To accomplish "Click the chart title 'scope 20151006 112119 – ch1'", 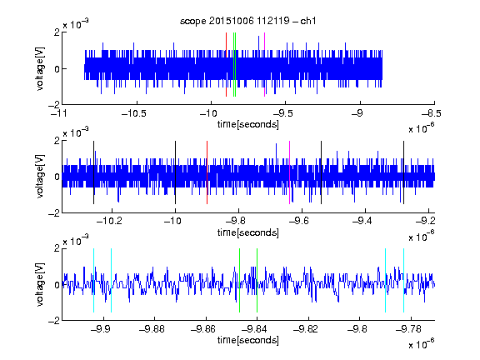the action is (247, 21).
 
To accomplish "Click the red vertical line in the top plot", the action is (226, 65).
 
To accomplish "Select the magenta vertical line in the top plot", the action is (264, 65).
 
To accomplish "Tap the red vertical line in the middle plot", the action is (207, 172).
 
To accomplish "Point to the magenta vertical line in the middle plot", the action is (289, 172).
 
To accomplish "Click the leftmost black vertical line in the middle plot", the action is (93, 172).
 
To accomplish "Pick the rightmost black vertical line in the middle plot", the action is (403, 172).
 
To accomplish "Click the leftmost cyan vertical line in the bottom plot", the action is (93, 280).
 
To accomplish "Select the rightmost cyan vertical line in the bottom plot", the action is (403, 280).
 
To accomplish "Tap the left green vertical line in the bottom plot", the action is (239, 280).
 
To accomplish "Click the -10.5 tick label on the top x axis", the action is (134, 113).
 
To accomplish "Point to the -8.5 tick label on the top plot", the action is (432, 113).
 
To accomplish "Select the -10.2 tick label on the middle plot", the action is (109, 220).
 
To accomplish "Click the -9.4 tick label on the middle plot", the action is (362, 220).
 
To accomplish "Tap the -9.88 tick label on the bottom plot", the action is (152, 329).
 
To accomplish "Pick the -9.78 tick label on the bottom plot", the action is (408, 329).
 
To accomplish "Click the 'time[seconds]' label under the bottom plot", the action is (248, 340).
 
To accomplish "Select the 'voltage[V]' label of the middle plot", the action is (40, 177).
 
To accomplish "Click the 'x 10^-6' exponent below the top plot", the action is (421, 128).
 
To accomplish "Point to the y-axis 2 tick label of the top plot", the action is (57, 32).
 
